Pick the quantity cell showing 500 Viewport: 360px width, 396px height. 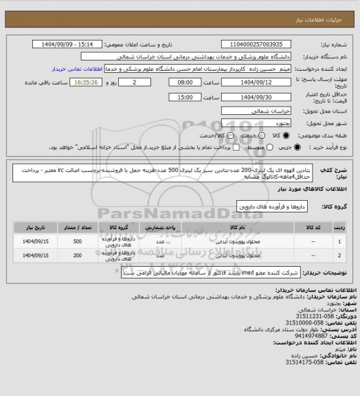click(x=78, y=241)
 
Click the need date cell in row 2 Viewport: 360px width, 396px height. click(x=33, y=256)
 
